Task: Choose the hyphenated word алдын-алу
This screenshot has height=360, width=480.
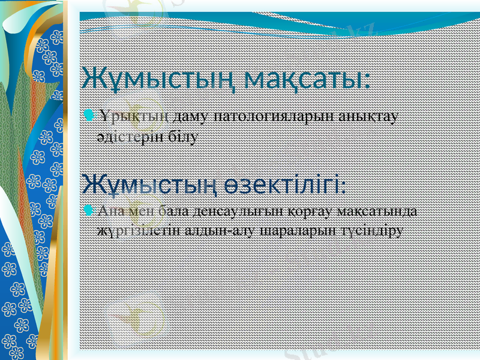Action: [207, 230]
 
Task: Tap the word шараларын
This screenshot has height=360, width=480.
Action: [286, 230]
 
